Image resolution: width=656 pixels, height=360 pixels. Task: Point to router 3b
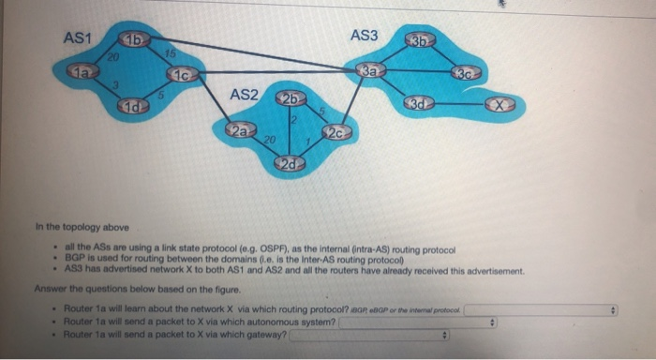coord(420,40)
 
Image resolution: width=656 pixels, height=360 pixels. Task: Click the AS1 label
coord(76,37)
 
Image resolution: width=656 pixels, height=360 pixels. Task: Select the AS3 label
coord(364,36)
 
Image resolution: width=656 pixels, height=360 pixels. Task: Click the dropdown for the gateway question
coord(371,335)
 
